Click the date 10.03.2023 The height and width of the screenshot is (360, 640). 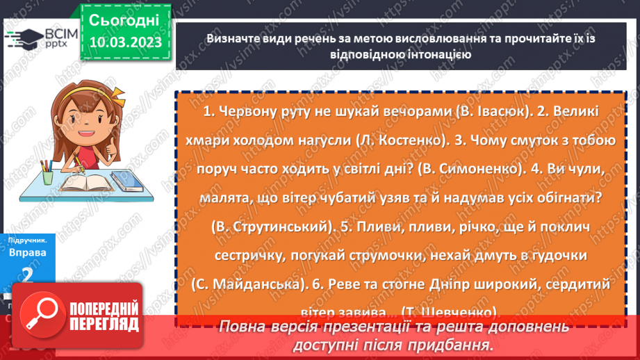[x=125, y=42]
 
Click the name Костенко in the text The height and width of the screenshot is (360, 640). [x=409, y=140]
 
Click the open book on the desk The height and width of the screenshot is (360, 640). [x=90, y=183]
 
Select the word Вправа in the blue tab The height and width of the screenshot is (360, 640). [x=27, y=252]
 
